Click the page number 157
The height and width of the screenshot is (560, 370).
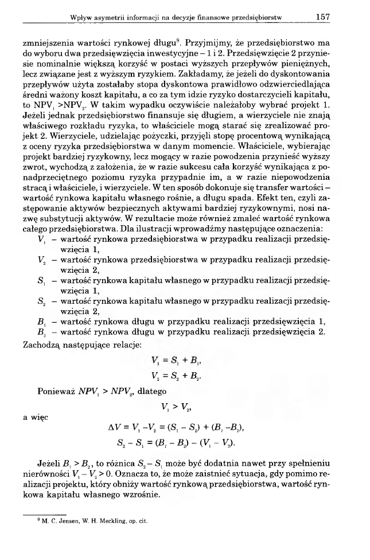pyautogui.click(x=322, y=18)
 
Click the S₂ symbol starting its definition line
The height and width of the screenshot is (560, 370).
pyautogui.click(x=40, y=300)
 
